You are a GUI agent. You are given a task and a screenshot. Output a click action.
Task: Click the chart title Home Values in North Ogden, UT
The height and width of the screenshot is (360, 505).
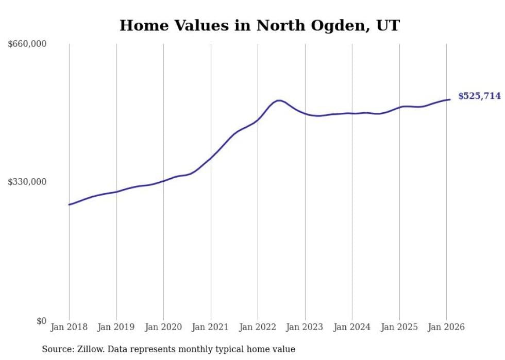click(x=259, y=25)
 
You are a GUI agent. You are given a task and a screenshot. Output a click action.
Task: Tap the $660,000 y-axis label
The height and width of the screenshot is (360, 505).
click(x=27, y=44)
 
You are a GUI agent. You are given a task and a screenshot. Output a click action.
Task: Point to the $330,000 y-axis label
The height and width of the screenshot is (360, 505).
click(x=27, y=182)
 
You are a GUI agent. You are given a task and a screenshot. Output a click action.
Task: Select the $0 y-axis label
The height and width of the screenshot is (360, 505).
click(x=41, y=321)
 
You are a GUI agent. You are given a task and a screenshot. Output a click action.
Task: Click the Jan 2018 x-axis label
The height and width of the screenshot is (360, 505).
click(x=69, y=327)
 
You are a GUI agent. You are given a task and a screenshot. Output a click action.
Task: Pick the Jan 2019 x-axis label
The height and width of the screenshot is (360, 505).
click(x=116, y=327)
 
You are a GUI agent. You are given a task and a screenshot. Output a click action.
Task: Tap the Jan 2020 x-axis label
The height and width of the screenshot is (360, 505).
click(x=163, y=327)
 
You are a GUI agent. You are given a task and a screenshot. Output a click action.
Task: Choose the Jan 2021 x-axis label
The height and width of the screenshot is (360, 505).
click(x=210, y=327)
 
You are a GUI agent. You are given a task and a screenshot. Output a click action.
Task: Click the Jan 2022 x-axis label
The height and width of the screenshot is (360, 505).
click(x=258, y=327)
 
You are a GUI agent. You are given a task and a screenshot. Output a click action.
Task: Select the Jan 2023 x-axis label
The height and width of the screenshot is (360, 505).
click(x=305, y=327)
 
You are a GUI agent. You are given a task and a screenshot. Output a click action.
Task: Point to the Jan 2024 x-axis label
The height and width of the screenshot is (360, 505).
click(x=352, y=327)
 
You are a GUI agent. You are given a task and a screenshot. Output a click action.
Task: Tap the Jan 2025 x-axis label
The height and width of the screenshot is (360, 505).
click(x=399, y=327)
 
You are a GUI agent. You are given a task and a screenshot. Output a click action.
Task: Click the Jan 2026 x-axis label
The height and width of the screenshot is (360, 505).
click(x=446, y=327)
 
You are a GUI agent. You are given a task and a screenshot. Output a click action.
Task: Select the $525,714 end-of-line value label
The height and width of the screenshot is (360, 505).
click(x=479, y=96)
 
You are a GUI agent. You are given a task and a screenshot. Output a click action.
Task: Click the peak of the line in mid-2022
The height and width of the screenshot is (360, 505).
click(x=279, y=100)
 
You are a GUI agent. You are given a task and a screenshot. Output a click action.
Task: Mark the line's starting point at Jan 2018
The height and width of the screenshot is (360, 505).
click(x=69, y=204)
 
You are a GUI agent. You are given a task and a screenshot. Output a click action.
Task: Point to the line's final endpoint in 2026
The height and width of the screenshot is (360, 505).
click(x=450, y=99)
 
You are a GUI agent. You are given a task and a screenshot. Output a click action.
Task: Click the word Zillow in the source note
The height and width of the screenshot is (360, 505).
click(x=87, y=349)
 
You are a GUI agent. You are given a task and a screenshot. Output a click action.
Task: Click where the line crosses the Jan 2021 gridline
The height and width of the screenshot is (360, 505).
click(x=210, y=157)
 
